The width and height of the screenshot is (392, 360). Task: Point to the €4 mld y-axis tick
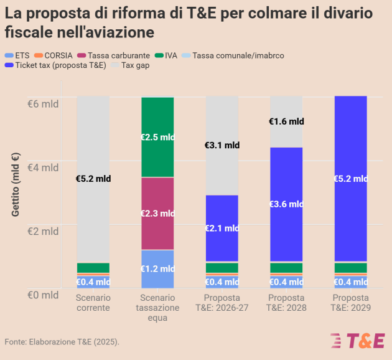point(42,167)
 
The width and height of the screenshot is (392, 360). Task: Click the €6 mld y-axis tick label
point(42,103)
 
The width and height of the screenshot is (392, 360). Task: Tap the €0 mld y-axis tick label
point(42,294)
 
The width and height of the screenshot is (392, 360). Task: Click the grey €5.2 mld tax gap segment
point(93,179)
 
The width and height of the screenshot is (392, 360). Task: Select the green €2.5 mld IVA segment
point(157,137)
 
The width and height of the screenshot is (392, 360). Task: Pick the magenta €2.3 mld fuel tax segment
point(157,213)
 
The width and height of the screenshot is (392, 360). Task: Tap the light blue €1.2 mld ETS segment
point(157,269)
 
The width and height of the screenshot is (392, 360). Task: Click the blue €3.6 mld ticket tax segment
point(286,204)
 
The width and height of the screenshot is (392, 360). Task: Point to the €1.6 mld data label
point(286,121)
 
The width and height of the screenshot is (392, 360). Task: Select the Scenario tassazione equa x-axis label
point(157,308)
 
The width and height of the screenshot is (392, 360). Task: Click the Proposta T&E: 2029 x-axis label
point(350,303)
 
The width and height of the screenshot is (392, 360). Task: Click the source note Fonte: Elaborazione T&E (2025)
point(62,342)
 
